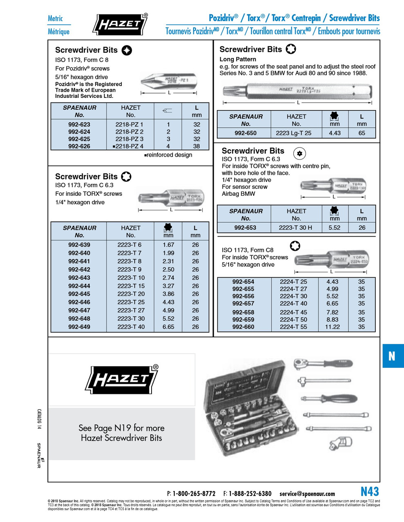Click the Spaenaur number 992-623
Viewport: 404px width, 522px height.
pyautogui.click(x=79, y=124)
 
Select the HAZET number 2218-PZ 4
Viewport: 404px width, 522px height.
pyautogui.click(x=130, y=146)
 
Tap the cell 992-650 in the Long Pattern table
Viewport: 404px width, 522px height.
pyautogui.click(x=246, y=133)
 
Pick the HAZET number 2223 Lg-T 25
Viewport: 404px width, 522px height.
pyautogui.click(x=293, y=133)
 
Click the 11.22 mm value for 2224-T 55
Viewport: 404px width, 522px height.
pyautogui.click(x=333, y=327)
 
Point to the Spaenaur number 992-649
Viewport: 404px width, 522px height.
pyautogui.click(x=79, y=327)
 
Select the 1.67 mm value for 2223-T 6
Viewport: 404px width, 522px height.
pyautogui.click(x=168, y=245)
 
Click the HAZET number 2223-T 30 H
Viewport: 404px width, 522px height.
pyautogui.click(x=295, y=228)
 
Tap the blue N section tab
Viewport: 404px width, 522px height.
pyautogui.click(x=392, y=356)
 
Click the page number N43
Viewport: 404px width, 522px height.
pyautogui.click(x=370, y=491)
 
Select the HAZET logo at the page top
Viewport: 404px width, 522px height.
pyautogui.click(x=120, y=24)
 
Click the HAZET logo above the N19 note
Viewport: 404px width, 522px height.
pyautogui.click(x=122, y=379)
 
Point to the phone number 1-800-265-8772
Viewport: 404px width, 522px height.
pyautogui.click(x=194, y=493)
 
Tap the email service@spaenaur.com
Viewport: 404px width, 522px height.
pyautogui.click(x=307, y=493)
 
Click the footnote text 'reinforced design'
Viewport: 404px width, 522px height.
pyautogui.click(x=169, y=155)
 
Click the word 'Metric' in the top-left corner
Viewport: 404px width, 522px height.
pyautogui.click(x=55, y=18)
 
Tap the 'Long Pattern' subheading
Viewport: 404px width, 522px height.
pyautogui.click(x=238, y=59)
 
